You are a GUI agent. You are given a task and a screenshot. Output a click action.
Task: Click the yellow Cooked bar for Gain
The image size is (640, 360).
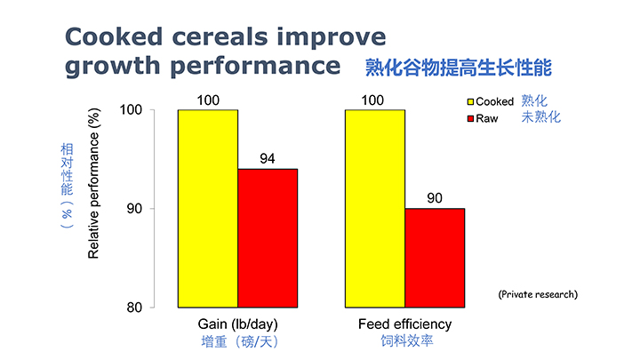[207, 208]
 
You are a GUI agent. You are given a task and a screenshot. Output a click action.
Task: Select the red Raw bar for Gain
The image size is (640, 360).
[267, 237]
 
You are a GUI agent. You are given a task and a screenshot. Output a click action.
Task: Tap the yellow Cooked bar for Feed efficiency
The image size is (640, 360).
[374, 208]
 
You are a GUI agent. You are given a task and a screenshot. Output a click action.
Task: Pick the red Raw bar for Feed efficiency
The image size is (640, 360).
[434, 258]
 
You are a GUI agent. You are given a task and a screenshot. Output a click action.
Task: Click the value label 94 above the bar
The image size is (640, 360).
[268, 159]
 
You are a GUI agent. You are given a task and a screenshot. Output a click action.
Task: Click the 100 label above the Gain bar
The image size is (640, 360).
[207, 100]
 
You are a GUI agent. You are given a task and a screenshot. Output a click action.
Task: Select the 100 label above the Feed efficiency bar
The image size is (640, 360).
[374, 100]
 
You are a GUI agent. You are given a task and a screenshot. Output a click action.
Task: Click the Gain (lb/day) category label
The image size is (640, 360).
[237, 324]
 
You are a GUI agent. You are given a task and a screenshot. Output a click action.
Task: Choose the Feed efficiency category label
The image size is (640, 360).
[404, 324]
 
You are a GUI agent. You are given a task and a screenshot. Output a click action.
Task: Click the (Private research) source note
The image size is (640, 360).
[537, 292]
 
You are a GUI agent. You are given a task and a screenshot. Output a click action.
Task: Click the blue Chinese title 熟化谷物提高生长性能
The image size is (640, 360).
[460, 67]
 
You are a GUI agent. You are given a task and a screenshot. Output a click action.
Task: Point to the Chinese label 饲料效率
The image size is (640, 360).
[404, 340]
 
